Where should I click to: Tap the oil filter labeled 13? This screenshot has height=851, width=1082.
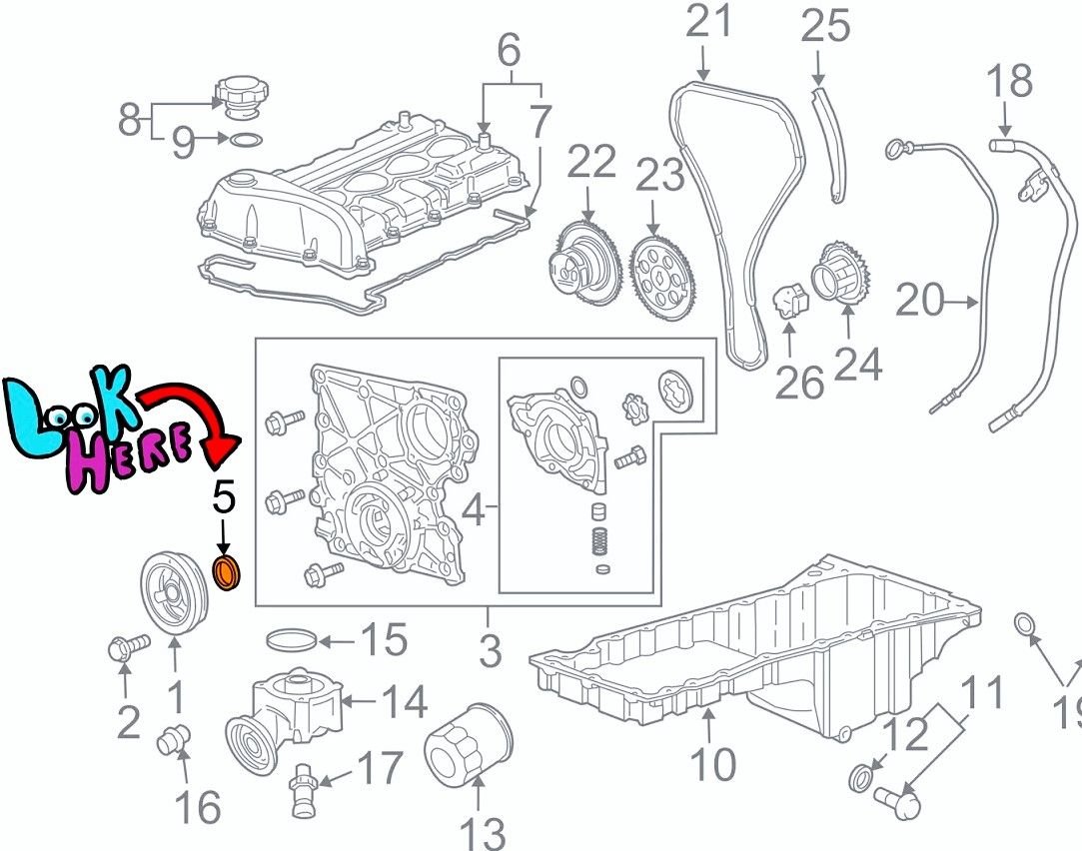pyautogui.click(x=469, y=744)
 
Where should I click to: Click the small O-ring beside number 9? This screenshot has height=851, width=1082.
pyautogui.click(x=246, y=141)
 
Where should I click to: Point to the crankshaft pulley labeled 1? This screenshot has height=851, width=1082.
pyautogui.click(x=175, y=592)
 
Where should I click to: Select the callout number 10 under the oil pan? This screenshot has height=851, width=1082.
pyautogui.click(x=712, y=764)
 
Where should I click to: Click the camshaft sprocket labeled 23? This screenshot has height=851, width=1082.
pyautogui.click(x=662, y=279)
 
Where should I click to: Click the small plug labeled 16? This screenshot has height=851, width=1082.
pyautogui.click(x=173, y=741)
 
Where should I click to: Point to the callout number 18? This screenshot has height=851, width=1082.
pyautogui.click(x=1009, y=81)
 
